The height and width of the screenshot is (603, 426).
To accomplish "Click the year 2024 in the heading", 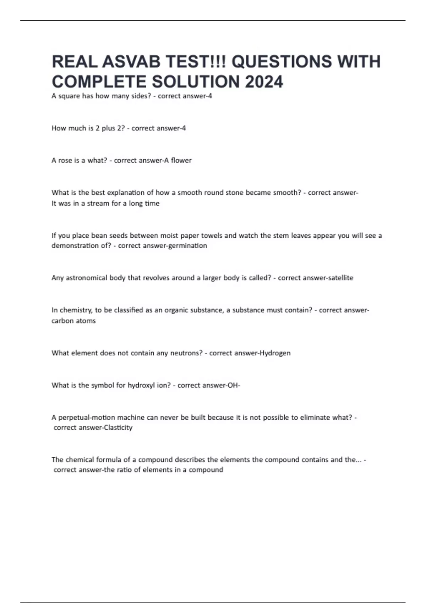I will [264, 82].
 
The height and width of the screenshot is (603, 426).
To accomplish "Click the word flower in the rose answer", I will [181, 160].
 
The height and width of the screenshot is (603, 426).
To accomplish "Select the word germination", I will [187, 246].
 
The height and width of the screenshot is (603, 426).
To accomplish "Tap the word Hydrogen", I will [275, 353].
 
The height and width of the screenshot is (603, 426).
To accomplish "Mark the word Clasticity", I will [118, 428].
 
